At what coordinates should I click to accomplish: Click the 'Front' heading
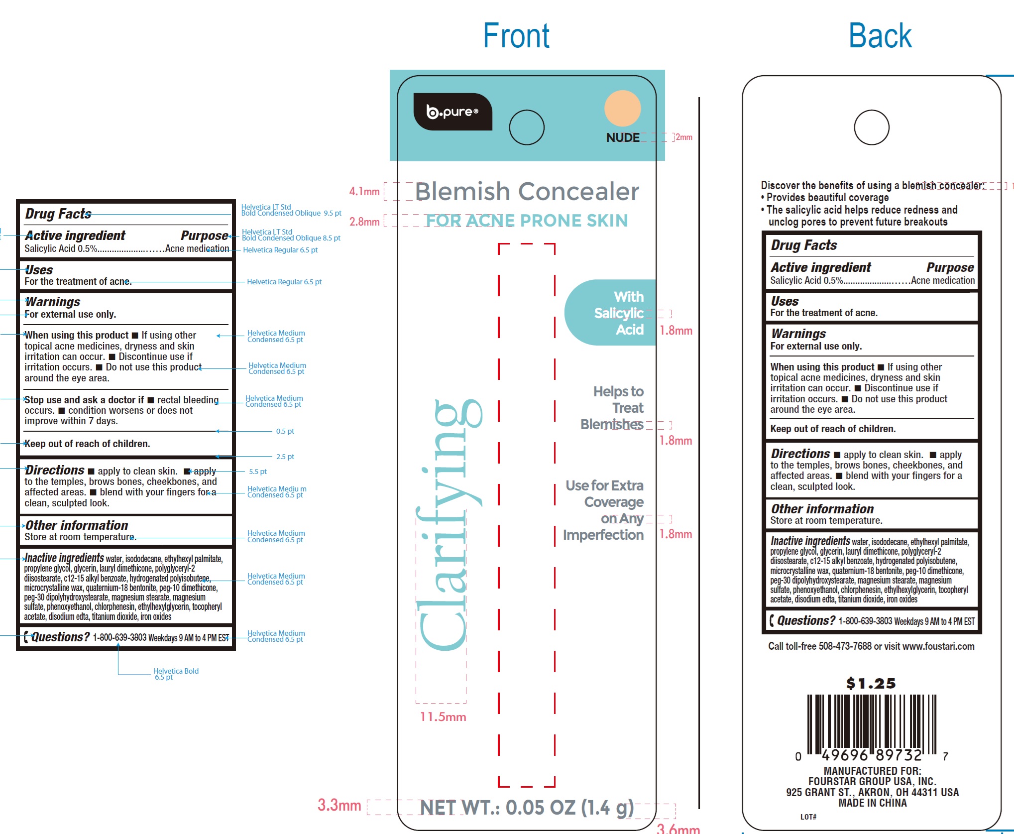coord(516,36)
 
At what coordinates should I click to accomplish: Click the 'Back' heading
coord(880,36)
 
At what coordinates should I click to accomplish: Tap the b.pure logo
coord(452,112)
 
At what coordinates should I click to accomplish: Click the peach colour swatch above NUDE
coord(622,108)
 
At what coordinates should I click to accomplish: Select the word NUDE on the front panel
coord(622,137)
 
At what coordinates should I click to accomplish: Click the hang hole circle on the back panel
coord(871,127)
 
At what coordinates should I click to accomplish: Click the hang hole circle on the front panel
coord(527,127)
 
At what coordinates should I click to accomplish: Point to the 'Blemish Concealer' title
coord(527,192)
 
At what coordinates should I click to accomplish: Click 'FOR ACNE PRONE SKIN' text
coord(527,221)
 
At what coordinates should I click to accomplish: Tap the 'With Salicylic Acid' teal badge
coord(612,313)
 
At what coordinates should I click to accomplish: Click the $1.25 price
coord(871,683)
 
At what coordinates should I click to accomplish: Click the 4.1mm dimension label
coord(364,192)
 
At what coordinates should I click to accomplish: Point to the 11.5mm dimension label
coord(443,717)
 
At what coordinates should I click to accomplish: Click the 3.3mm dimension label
coord(339,805)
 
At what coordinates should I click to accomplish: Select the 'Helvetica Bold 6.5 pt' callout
coord(175,674)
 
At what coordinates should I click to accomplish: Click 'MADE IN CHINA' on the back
coord(872,803)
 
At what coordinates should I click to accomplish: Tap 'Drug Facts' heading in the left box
coord(58,214)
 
